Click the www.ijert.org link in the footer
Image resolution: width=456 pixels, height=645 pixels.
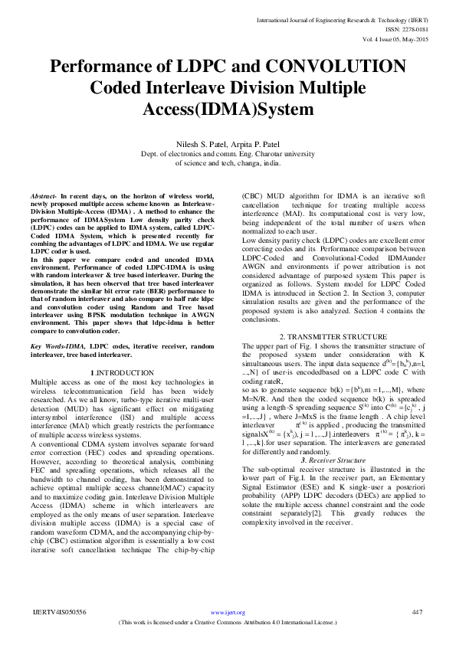click(228, 613)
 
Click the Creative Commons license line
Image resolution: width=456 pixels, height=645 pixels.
click(228, 621)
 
